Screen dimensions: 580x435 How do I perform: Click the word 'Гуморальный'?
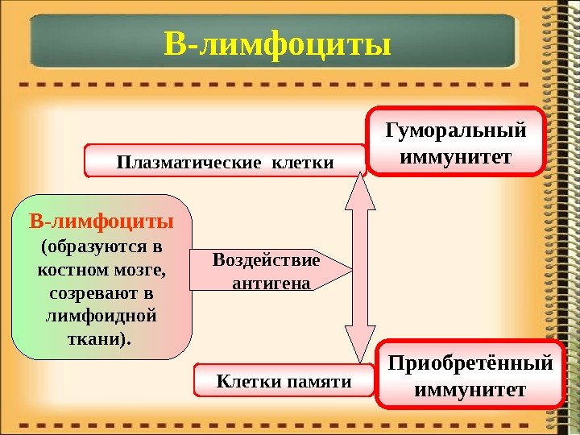(x=456, y=130)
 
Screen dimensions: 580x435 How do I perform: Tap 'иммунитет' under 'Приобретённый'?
(x=471, y=389)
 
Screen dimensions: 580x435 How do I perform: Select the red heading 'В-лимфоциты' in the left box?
(x=101, y=221)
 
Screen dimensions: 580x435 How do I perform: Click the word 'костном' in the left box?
(x=71, y=267)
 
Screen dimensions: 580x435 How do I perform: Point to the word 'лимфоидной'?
(x=101, y=312)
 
